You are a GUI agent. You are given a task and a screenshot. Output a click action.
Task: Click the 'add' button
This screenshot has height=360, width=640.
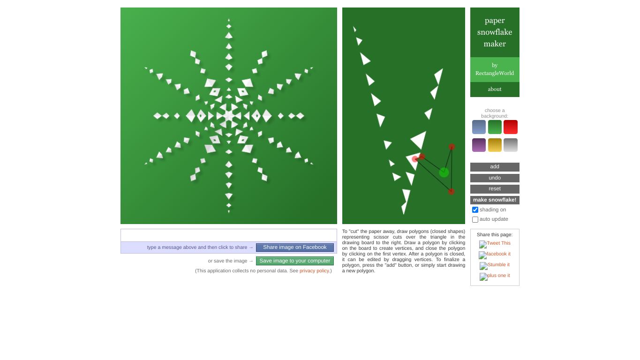click(495, 167)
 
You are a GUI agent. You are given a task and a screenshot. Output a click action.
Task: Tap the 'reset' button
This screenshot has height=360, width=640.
click(495, 189)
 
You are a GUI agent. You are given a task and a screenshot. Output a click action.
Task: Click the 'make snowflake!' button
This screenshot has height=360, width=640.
click(495, 200)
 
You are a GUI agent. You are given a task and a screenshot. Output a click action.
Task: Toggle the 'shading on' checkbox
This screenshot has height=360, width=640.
click(475, 210)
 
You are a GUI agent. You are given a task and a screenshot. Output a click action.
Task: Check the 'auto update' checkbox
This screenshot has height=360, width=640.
click(475, 219)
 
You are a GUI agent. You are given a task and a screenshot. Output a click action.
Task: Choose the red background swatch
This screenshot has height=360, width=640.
click(511, 127)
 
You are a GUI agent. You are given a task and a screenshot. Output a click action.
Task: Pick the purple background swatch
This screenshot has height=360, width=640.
click(479, 145)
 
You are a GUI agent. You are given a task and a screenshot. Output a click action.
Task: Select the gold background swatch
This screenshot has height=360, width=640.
click(495, 145)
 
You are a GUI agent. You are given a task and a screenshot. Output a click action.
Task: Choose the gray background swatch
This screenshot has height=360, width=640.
click(511, 145)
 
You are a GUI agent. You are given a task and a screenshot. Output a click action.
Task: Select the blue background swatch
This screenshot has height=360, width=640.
click(479, 127)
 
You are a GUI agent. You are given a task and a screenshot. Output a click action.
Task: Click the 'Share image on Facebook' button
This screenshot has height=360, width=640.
click(294, 247)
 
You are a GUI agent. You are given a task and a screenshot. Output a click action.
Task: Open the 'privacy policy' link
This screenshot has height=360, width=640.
click(314, 271)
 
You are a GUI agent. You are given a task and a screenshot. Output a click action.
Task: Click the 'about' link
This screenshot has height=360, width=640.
click(495, 90)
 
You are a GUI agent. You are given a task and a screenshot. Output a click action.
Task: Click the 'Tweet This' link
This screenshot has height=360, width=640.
click(498, 243)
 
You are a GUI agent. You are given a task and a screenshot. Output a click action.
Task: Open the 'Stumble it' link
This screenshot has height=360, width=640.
click(498, 265)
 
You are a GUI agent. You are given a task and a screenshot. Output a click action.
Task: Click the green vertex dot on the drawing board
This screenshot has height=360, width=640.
click(444, 172)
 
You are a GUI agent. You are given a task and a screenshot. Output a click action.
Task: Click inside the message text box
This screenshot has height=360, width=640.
click(229, 235)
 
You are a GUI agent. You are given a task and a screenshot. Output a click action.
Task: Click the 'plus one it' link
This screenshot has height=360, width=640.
click(498, 276)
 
